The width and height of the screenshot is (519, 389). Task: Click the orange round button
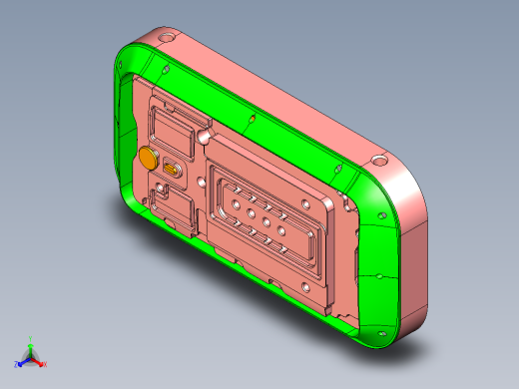(147, 157)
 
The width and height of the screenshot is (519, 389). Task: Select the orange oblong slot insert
(174, 170)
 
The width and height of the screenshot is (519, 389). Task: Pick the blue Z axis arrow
(21, 361)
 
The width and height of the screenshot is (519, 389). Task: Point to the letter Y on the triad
(31, 337)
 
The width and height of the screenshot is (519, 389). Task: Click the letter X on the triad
(45, 364)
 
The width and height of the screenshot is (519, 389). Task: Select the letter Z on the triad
(15, 364)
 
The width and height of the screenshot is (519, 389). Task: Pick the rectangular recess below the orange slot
(177, 209)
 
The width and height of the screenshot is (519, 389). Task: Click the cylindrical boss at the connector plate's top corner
(204, 134)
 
